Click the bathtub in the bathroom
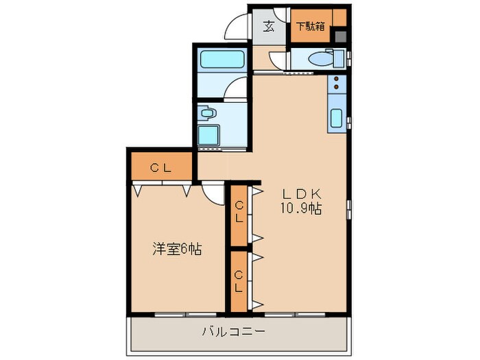tap(220, 59)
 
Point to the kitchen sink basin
tap(337, 117)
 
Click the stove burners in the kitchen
tap(337, 86)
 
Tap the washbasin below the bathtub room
tap(208, 112)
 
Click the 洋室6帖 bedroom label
tap(177, 250)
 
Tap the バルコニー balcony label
tap(233, 333)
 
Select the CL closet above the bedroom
tap(161, 167)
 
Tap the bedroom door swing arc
tap(214, 193)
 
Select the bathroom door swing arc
tap(236, 89)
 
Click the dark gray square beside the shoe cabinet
tap(340, 36)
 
